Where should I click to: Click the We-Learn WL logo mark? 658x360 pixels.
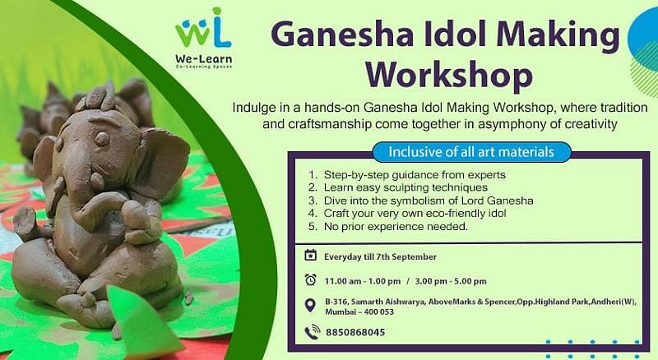pyautogui.click(x=203, y=27)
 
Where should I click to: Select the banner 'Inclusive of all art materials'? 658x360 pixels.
pyautogui.click(x=470, y=152)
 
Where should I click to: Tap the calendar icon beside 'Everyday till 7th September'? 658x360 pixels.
pyautogui.click(x=310, y=256)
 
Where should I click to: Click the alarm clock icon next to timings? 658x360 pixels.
pyautogui.click(x=310, y=279)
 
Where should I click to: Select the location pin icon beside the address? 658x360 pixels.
pyautogui.click(x=310, y=306)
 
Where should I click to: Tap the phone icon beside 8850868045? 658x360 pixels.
pyautogui.click(x=312, y=332)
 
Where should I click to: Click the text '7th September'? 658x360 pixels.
pyautogui.click(x=409, y=256)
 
